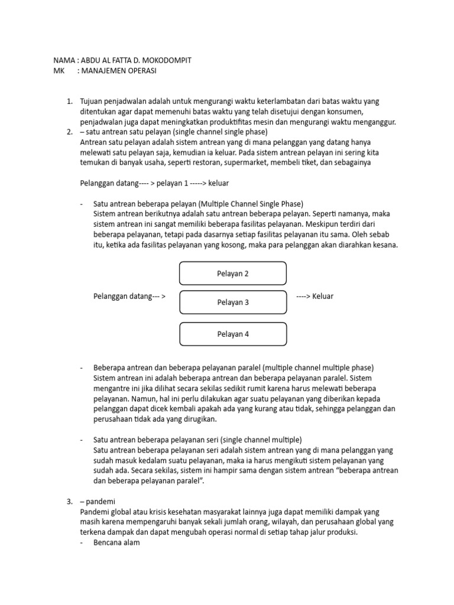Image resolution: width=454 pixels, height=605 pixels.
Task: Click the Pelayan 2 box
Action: pyautogui.click(x=233, y=274)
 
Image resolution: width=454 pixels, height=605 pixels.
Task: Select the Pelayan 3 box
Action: pyautogui.click(x=233, y=302)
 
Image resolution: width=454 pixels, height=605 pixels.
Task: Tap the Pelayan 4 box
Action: pyautogui.click(x=233, y=334)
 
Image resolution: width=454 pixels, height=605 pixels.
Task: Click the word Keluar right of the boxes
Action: pyautogui.click(x=323, y=296)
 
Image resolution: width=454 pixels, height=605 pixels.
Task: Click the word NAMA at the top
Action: pyautogui.click(x=64, y=60)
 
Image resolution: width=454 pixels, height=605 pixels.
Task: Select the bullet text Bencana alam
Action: pyautogui.click(x=116, y=542)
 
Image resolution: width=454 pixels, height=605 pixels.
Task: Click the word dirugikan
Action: pyautogui.click(x=200, y=419)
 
